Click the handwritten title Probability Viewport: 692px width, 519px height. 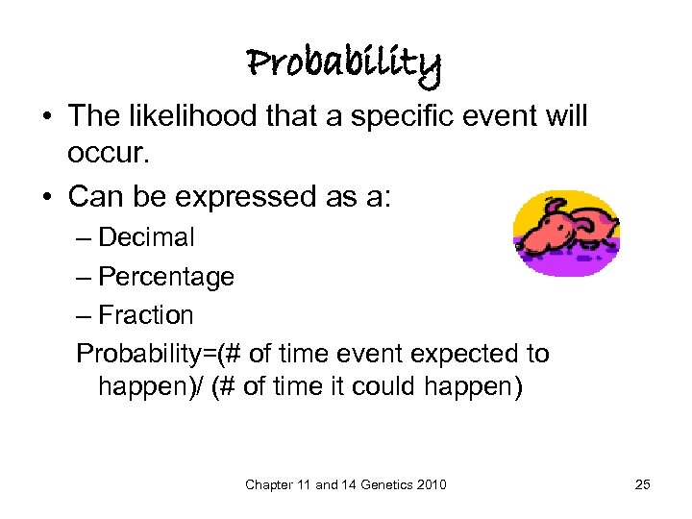tap(344, 64)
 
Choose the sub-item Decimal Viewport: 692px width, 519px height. tap(146, 236)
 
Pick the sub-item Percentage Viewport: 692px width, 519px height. tap(166, 277)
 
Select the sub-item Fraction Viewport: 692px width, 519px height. tap(146, 315)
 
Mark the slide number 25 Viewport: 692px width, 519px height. tap(642, 485)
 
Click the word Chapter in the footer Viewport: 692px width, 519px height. tap(268, 485)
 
